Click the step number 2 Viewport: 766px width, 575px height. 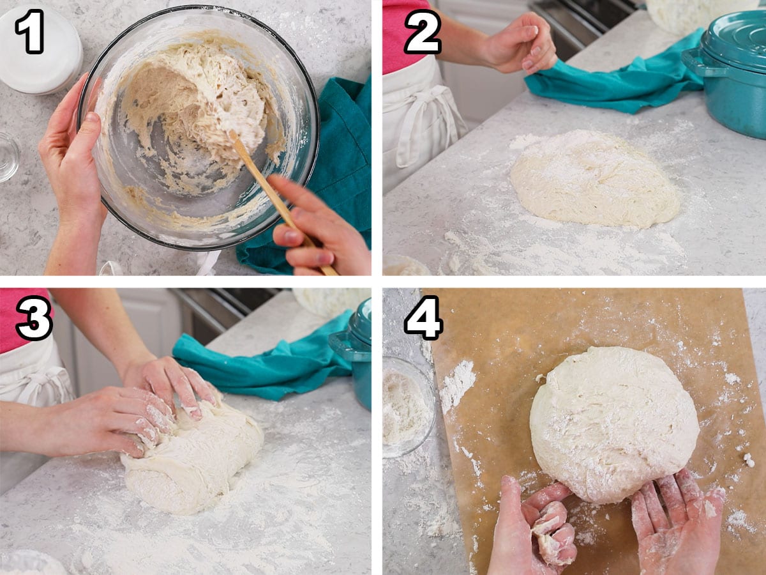point(423,31)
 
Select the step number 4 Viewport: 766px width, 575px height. point(423,318)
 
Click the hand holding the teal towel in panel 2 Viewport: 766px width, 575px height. point(520,43)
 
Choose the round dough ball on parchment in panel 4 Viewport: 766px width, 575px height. point(614,424)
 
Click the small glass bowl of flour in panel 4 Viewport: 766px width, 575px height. point(407,407)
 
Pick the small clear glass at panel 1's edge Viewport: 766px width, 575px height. point(8,157)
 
